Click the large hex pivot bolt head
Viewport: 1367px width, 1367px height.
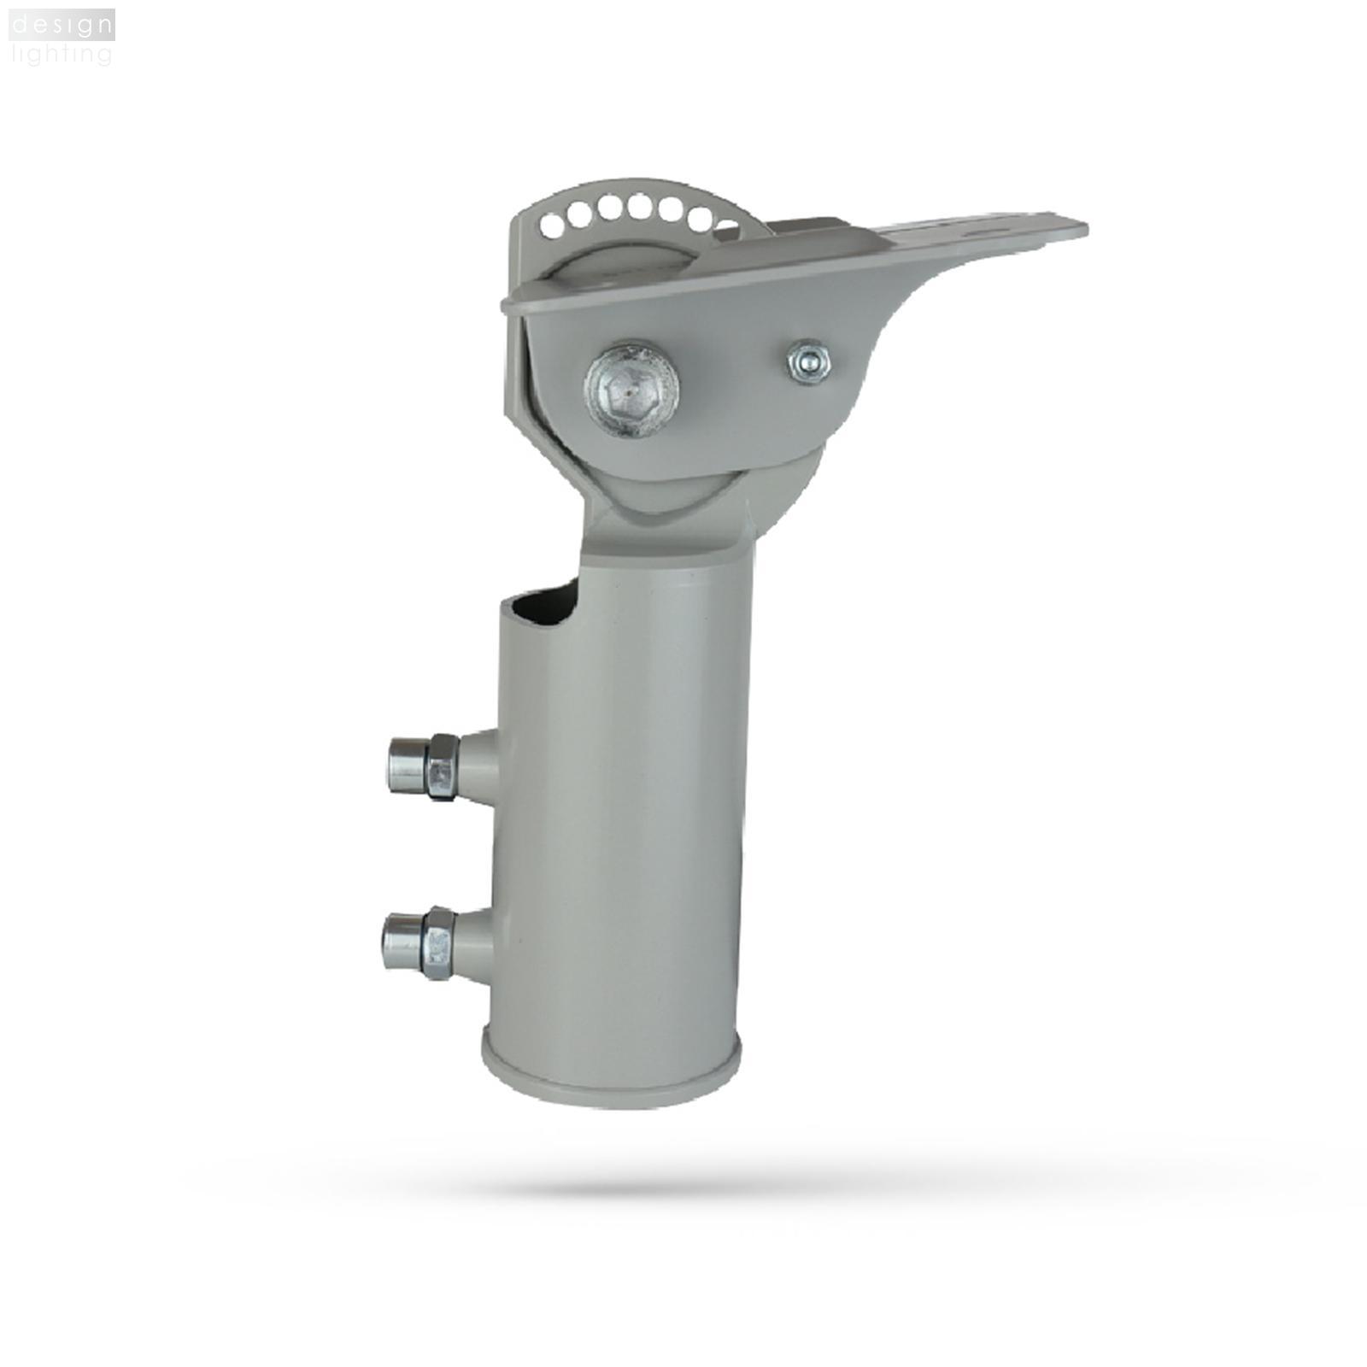tap(631, 390)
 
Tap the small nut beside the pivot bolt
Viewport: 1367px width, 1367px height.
tap(809, 361)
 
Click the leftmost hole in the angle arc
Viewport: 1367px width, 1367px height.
tap(553, 226)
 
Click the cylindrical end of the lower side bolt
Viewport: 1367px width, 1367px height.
tap(402, 941)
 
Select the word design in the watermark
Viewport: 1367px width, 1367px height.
tap(62, 26)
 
